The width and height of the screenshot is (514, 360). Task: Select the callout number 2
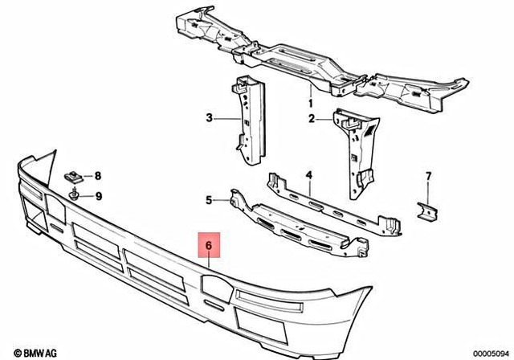pyautogui.click(x=311, y=119)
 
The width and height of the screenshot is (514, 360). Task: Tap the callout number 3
pyautogui.click(x=209, y=118)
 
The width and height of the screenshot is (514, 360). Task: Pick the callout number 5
pyautogui.click(x=209, y=200)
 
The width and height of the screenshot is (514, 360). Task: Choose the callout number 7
pyautogui.click(x=428, y=176)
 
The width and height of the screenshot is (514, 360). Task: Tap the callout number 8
pyautogui.click(x=99, y=176)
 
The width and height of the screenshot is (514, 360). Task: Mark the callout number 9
pyautogui.click(x=99, y=195)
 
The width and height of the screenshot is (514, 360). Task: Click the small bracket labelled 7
pyautogui.click(x=427, y=209)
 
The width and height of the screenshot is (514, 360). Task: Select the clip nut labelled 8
pyautogui.click(x=71, y=175)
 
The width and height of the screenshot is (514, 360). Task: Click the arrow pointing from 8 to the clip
pyautogui.click(x=85, y=176)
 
